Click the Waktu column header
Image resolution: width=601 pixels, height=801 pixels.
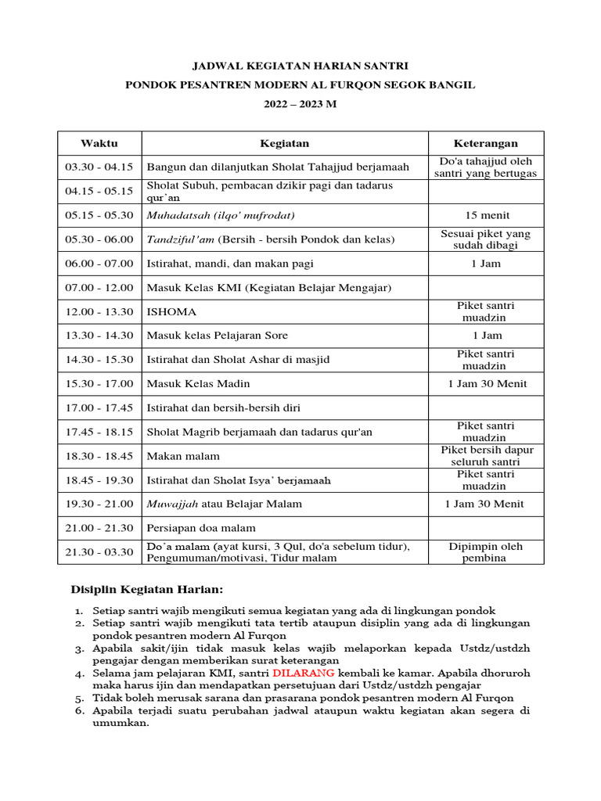click(x=99, y=143)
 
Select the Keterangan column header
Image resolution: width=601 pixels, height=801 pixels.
click(x=485, y=143)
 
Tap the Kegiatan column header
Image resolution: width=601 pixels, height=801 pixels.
click(x=284, y=143)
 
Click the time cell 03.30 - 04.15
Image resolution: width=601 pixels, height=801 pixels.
click(x=99, y=167)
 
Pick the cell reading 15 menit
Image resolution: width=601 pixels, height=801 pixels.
click(x=485, y=215)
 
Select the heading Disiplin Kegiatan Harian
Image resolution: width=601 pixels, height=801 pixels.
click(x=147, y=588)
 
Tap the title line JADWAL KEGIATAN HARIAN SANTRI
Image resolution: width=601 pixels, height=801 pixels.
click(x=300, y=66)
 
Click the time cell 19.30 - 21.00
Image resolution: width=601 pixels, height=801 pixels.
click(x=99, y=504)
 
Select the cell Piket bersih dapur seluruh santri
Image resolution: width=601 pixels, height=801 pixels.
click(x=485, y=455)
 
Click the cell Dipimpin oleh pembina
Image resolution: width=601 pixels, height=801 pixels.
click(x=485, y=551)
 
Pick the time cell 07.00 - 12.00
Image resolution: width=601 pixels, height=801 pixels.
click(x=99, y=287)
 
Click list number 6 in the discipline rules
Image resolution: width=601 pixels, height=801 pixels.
click(x=79, y=711)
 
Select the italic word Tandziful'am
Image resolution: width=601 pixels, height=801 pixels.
click(x=181, y=239)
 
